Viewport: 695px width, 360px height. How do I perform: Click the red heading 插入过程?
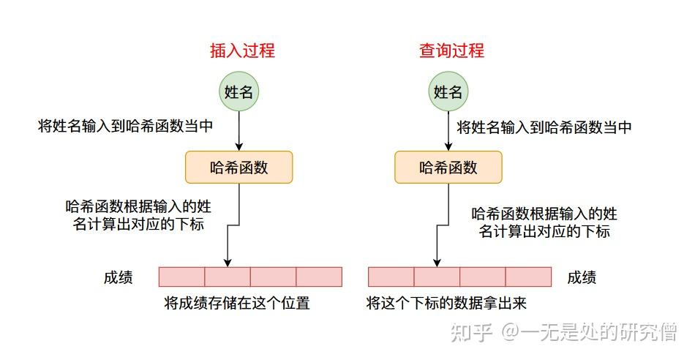[242, 50]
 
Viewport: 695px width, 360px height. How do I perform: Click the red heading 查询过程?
[451, 50]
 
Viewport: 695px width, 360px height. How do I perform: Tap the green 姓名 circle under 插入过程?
[239, 91]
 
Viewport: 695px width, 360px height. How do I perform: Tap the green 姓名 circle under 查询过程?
[448, 91]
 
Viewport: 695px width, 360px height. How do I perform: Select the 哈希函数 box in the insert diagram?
[239, 167]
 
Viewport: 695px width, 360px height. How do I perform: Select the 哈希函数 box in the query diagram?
[448, 167]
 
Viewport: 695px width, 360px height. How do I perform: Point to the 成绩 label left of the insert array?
[119, 277]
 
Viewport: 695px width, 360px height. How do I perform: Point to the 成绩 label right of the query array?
[582, 277]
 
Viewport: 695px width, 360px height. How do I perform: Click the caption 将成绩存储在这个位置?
[237, 304]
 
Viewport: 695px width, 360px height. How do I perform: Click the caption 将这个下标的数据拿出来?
[446, 303]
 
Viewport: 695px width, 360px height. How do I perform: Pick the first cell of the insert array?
[181, 277]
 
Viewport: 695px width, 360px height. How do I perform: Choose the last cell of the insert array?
[319, 277]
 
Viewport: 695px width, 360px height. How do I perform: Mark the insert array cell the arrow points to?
[228, 277]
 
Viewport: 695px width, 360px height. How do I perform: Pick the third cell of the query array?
[483, 277]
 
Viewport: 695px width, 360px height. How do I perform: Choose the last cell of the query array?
[528, 277]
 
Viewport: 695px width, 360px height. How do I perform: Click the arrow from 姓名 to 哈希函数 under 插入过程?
[239, 131]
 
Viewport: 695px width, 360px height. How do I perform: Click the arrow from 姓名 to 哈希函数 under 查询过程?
[448, 131]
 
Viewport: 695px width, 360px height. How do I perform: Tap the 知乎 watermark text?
[472, 332]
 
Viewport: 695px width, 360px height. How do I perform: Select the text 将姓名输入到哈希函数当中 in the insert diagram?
[125, 127]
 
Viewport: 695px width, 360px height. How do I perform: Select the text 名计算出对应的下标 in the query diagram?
[544, 231]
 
